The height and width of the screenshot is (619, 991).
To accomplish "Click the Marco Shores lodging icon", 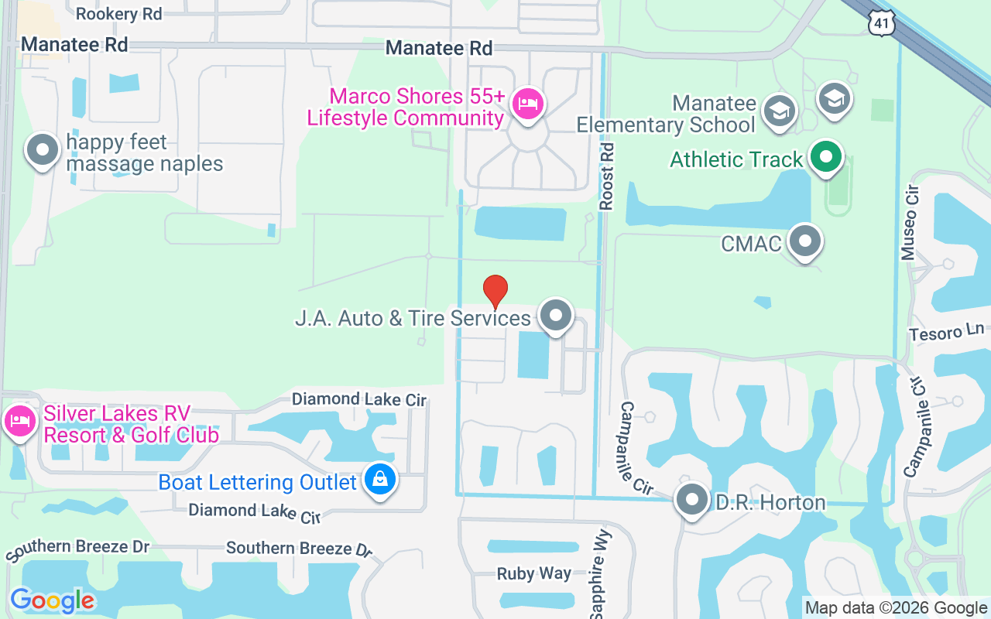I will click(529, 104).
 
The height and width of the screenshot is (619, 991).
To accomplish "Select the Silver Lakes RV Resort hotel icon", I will click(19, 422).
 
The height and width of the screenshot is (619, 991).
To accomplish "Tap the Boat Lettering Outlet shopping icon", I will click(380, 480).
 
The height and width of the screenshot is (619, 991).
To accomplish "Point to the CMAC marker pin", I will click(805, 241).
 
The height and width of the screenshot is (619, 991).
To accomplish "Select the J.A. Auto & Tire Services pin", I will click(555, 316).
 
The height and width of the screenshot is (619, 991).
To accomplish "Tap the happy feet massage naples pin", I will click(43, 150).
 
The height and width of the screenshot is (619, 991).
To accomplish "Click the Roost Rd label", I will click(607, 176).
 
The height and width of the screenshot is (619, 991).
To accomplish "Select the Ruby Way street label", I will click(533, 574).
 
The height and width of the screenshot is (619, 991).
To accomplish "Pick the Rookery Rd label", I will click(118, 14).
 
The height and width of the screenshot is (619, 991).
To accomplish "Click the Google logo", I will click(52, 600).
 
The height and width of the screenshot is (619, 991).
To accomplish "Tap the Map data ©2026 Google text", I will click(896, 608).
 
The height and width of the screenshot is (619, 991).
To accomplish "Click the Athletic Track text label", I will click(736, 159).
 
